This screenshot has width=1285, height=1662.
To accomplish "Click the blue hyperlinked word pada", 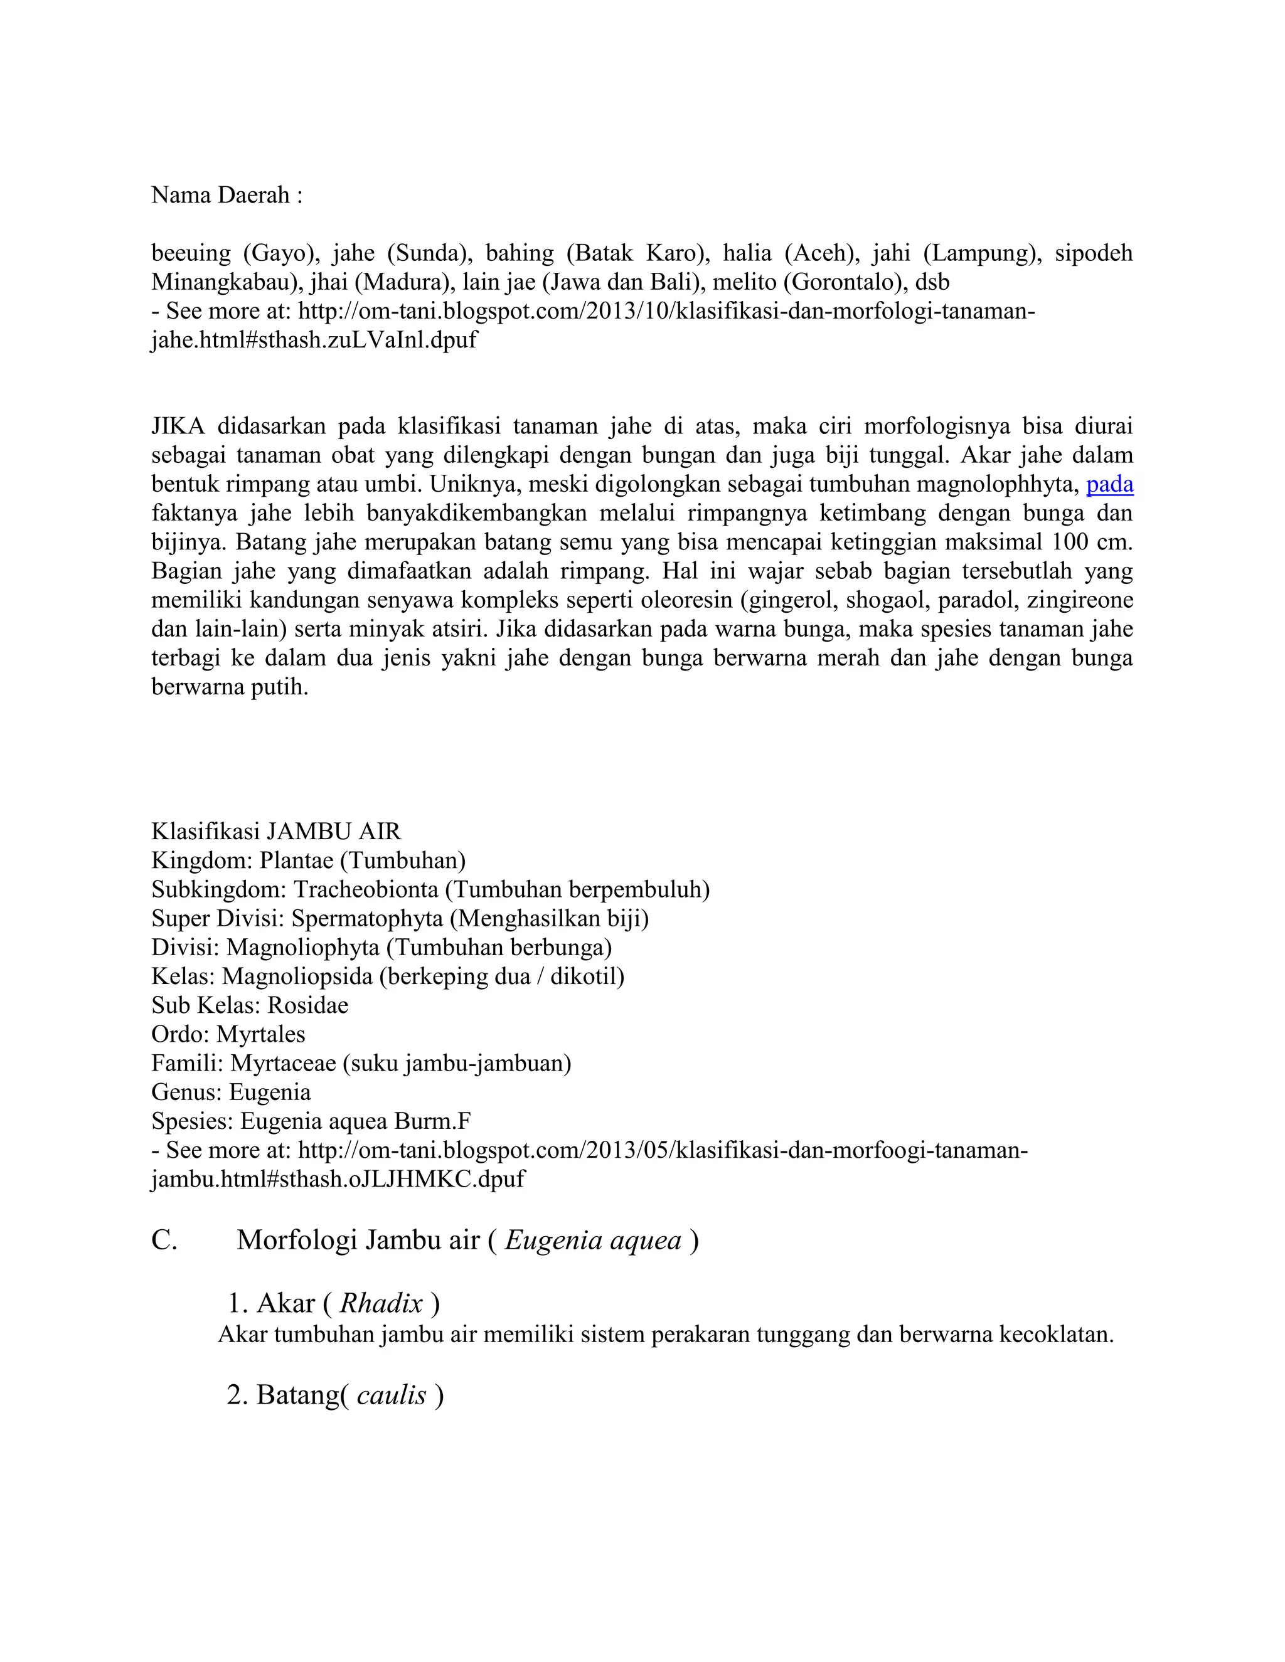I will (1109, 485).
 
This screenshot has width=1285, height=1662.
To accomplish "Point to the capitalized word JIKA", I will (178, 427).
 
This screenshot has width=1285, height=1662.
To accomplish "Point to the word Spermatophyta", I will (367, 919).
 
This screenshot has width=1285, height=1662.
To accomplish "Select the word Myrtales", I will (260, 1034).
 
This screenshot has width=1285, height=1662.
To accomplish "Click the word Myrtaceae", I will (282, 1063).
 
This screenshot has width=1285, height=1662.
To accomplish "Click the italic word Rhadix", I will (381, 1304).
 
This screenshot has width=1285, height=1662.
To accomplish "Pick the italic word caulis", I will (392, 1395).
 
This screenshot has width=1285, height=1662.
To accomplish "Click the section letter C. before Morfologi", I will (164, 1241).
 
